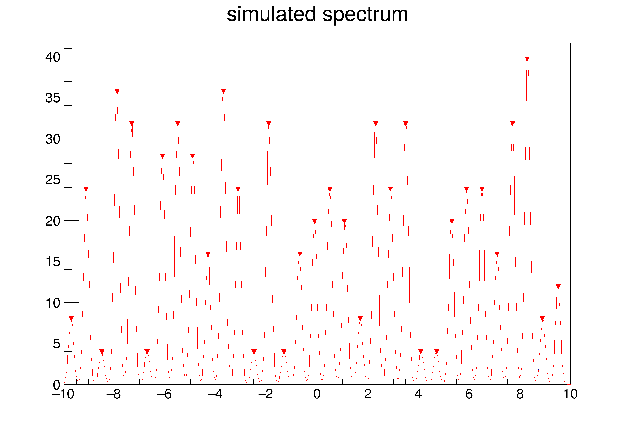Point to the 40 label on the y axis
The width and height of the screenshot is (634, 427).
53,57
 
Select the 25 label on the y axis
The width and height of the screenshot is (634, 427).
53,180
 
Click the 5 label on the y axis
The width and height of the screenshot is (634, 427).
56,344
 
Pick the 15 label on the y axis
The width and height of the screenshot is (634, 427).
53,262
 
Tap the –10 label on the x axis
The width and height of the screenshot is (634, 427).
63,394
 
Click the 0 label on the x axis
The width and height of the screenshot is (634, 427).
317,394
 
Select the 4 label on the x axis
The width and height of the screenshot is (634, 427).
418,394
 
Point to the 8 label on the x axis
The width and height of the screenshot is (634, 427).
520,394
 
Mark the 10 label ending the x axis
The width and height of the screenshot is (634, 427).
570,394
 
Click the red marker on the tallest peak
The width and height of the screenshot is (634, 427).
527,59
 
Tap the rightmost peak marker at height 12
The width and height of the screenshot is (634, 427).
558,286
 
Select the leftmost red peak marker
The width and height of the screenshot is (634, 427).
72,319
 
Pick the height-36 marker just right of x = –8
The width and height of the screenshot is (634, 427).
117,91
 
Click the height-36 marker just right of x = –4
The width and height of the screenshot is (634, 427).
223,91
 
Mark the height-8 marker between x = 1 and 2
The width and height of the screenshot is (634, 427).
360,319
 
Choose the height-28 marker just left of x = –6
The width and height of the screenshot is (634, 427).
162,156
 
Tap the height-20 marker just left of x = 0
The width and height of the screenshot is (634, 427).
314,221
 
